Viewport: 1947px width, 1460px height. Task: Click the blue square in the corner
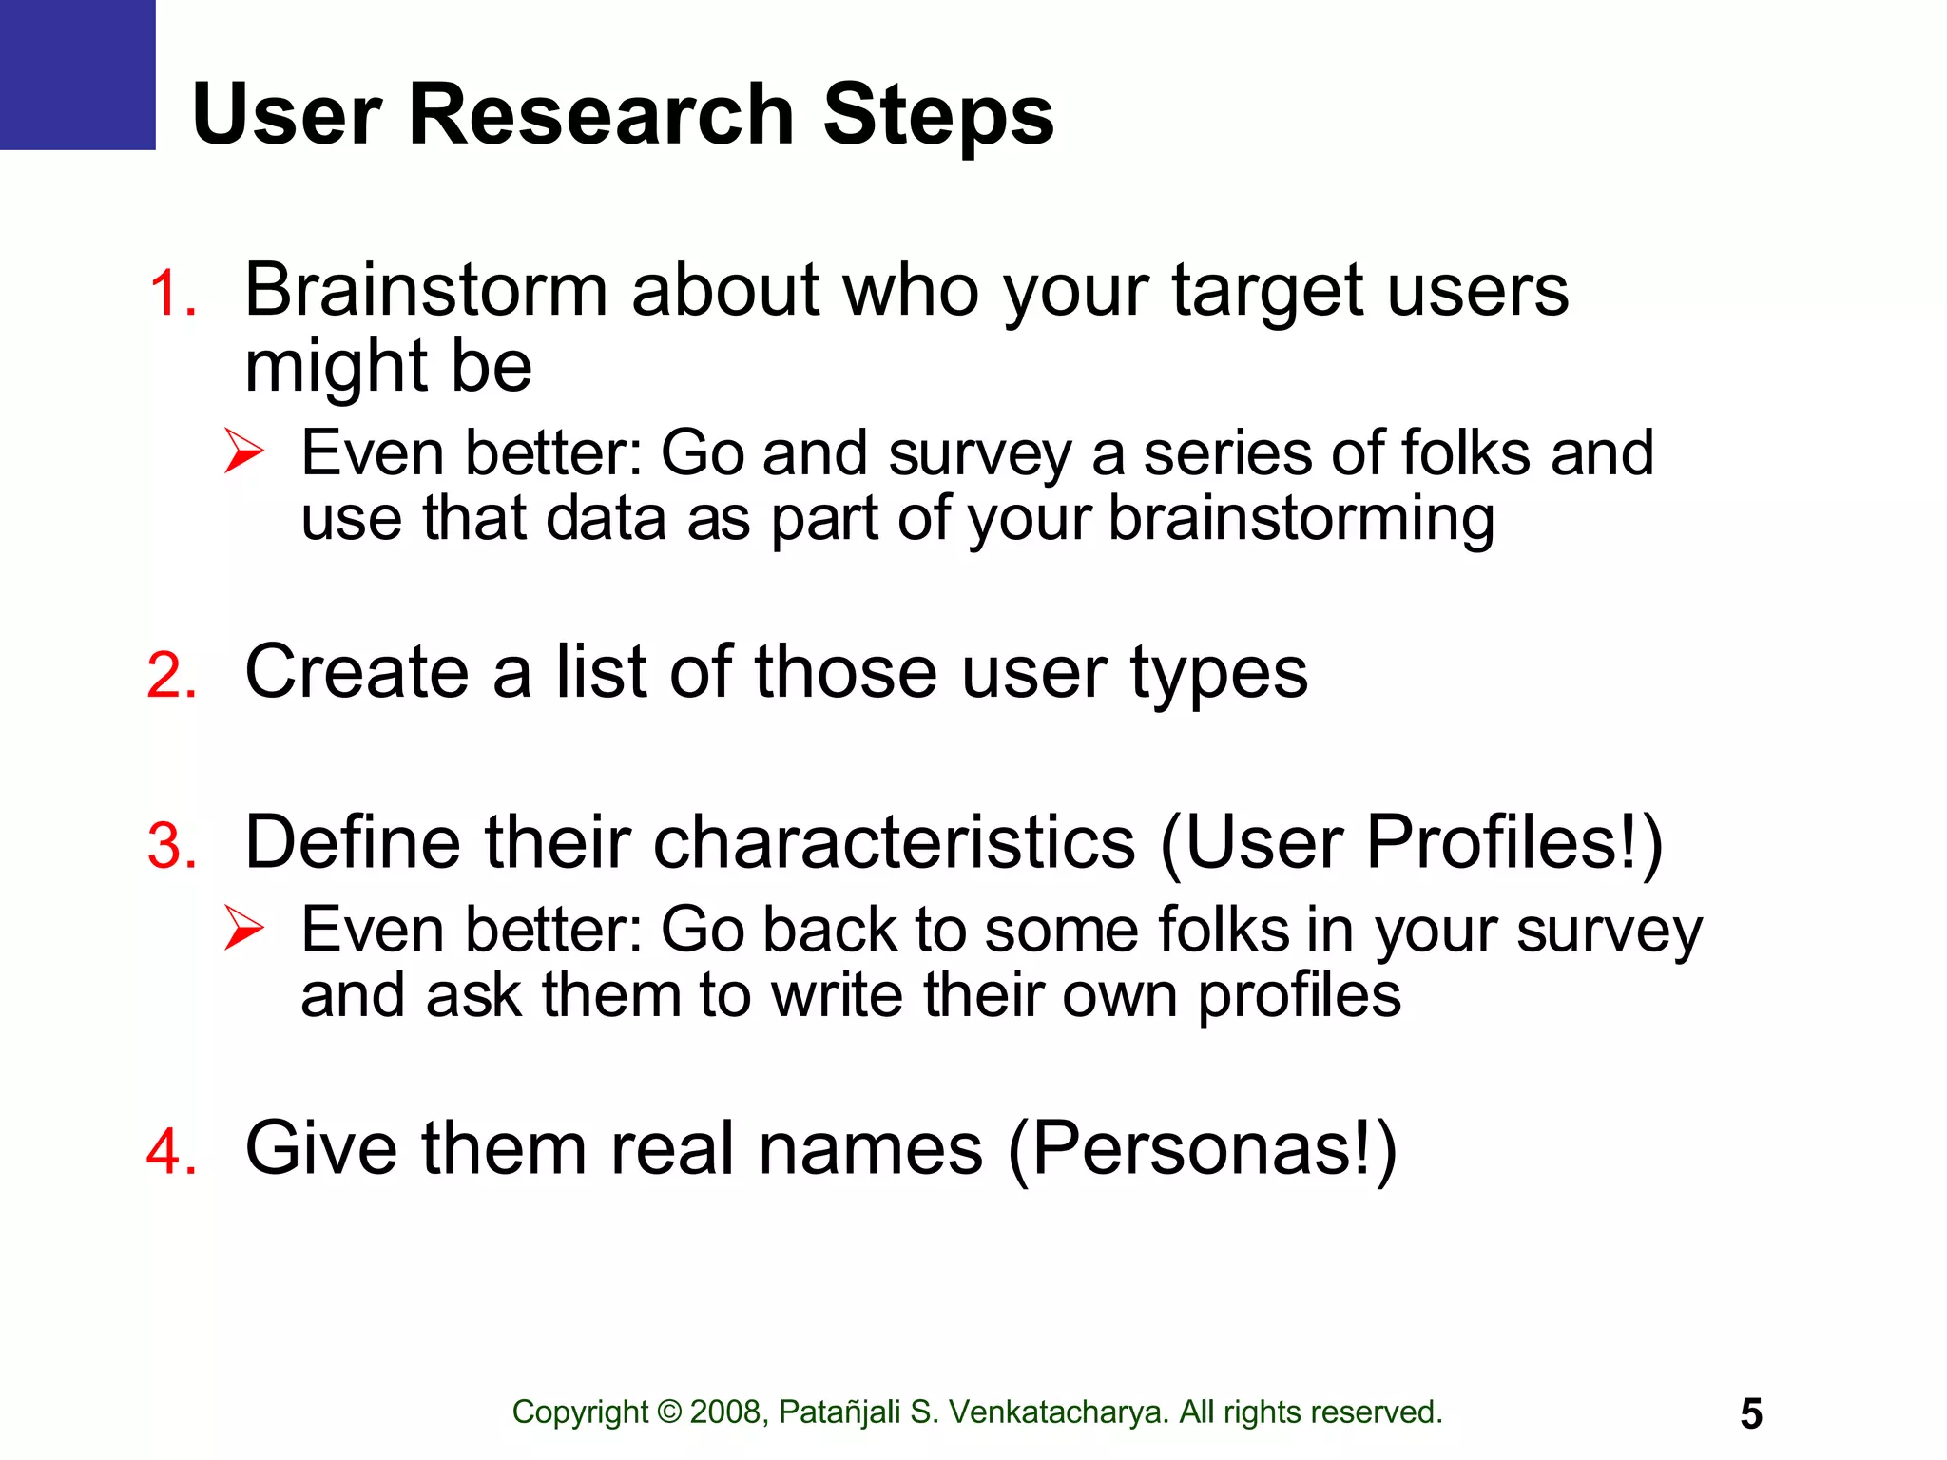(77, 74)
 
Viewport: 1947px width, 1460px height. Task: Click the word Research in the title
(601, 115)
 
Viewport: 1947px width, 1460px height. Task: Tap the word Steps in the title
(938, 115)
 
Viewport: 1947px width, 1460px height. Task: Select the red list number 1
(172, 293)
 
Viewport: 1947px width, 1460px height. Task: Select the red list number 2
(172, 676)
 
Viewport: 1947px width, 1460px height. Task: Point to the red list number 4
(172, 1151)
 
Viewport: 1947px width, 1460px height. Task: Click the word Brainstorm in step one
(426, 289)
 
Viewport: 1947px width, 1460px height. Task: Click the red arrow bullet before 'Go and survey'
(244, 451)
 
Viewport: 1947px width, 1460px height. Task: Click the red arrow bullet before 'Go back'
(244, 928)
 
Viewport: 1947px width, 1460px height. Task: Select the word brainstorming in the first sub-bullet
(1301, 520)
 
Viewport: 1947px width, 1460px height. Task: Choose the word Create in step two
(357, 672)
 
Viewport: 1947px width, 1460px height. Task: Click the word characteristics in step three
(895, 842)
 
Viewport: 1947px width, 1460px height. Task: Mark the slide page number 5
(1751, 1414)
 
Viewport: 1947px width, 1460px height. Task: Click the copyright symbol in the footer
(669, 1412)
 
